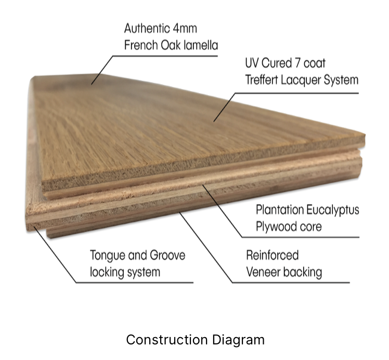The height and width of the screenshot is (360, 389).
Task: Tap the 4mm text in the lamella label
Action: (x=185, y=28)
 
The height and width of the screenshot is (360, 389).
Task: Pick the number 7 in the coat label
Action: (x=297, y=63)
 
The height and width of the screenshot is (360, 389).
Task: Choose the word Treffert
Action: (x=262, y=80)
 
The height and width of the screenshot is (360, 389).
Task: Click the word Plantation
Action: (x=280, y=210)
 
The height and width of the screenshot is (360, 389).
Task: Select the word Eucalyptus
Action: (x=333, y=210)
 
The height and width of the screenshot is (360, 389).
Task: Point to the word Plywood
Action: (x=274, y=227)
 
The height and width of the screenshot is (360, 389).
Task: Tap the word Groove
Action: (x=167, y=255)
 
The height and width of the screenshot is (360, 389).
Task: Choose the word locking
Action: (x=107, y=273)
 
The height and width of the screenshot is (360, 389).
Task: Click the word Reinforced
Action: (x=273, y=255)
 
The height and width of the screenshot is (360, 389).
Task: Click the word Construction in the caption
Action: (x=167, y=340)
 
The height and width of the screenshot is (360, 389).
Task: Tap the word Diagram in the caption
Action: (x=238, y=340)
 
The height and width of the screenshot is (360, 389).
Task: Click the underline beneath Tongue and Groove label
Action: (x=135, y=282)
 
